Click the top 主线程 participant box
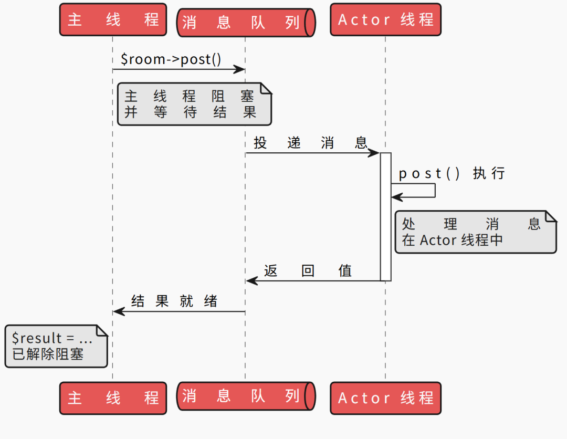[113, 19]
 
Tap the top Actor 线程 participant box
[385, 19]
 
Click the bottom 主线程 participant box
[113, 398]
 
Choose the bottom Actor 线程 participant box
[385, 398]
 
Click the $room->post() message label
[171, 59]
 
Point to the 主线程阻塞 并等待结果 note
[194, 104]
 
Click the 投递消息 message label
[310, 143]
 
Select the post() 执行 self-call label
[451, 173]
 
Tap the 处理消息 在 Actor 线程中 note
[475, 232]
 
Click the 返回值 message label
[308, 270]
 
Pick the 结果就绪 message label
[174, 301]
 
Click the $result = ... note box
[56, 346]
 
